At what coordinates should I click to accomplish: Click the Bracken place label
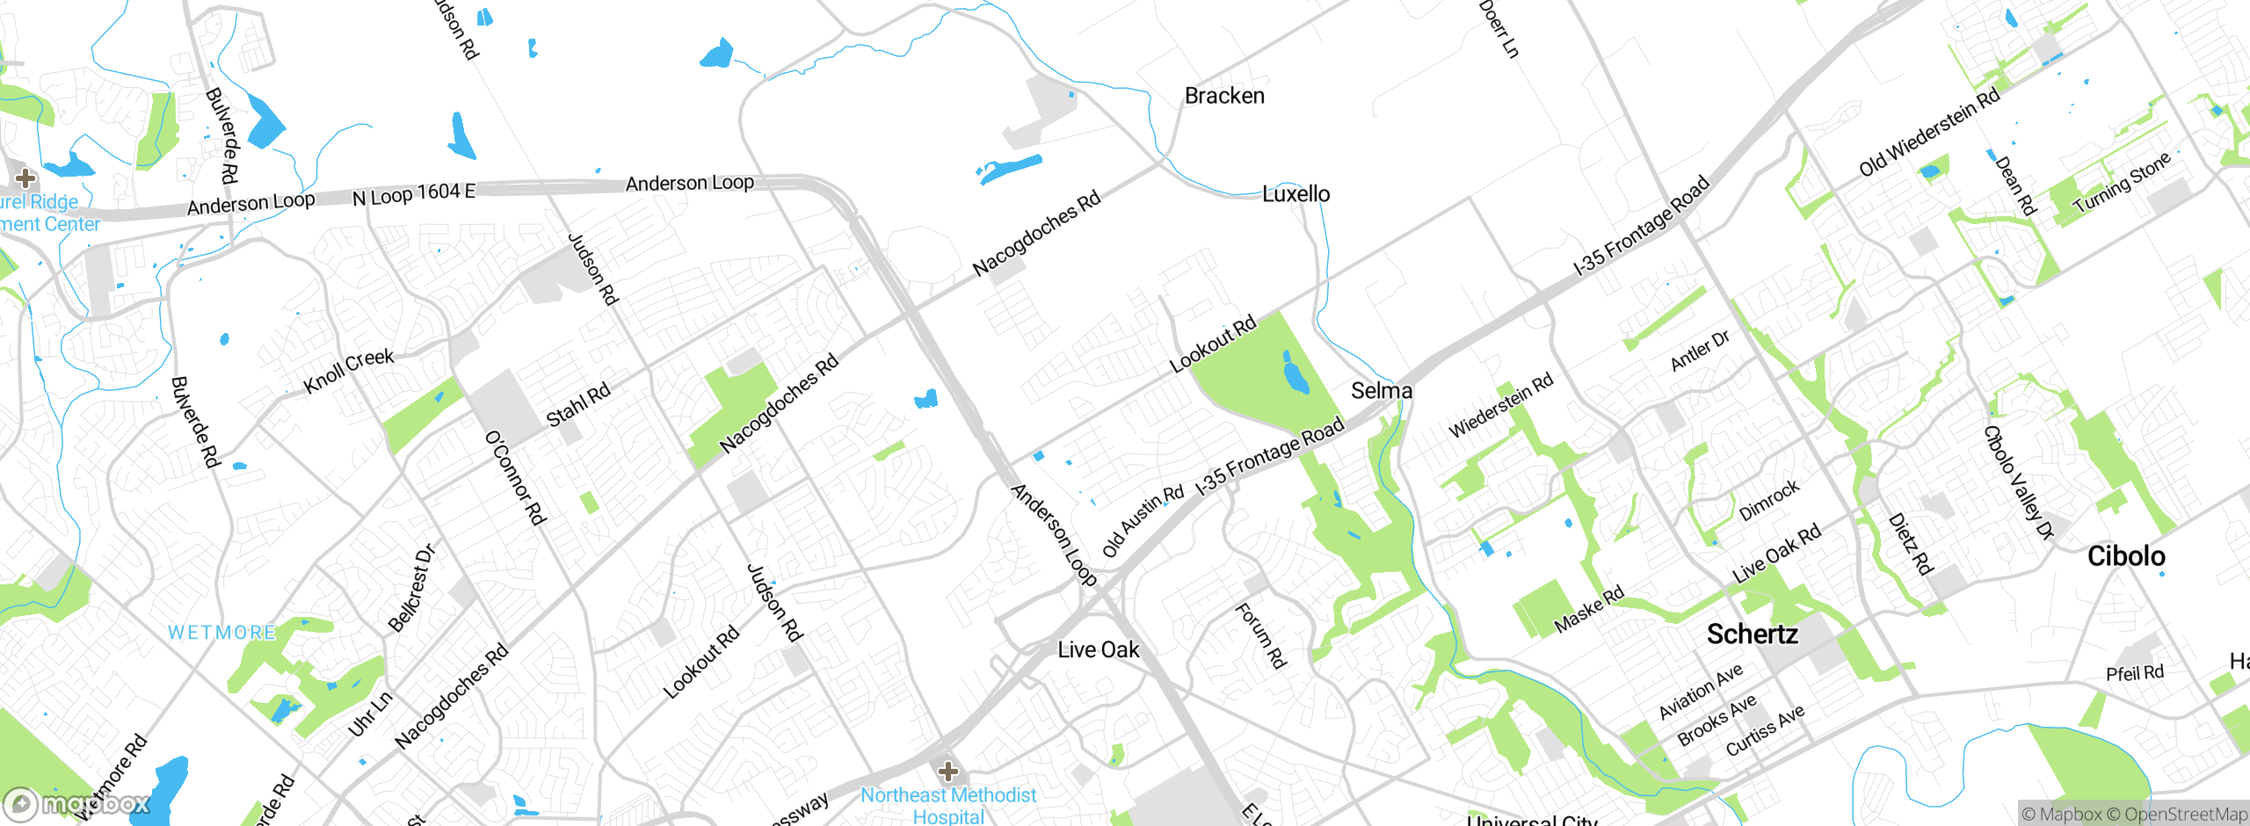click(x=1224, y=96)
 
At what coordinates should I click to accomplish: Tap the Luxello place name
click(x=1296, y=194)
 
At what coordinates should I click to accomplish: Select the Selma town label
click(x=1381, y=390)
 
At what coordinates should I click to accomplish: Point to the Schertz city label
click(x=1752, y=634)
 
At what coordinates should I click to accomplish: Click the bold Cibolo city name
click(x=2125, y=555)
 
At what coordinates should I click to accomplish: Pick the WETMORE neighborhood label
click(x=221, y=633)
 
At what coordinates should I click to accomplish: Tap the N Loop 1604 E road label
click(x=413, y=194)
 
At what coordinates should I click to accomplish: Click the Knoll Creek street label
click(x=348, y=371)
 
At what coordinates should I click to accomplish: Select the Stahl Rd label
click(x=578, y=405)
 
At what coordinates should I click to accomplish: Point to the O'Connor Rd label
click(x=516, y=478)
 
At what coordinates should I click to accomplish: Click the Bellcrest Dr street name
click(x=412, y=588)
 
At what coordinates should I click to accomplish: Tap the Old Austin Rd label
click(x=1143, y=520)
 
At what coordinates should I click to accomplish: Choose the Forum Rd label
click(x=1260, y=634)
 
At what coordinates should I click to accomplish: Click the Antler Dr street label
click(x=1700, y=350)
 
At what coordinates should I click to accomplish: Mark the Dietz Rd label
click(x=1911, y=544)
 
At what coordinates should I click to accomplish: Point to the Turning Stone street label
click(x=2122, y=182)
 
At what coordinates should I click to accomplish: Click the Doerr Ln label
click(x=1499, y=29)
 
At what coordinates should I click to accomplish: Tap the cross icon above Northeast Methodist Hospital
click(x=947, y=772)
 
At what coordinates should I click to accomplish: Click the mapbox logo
click(x=77, y=804)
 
